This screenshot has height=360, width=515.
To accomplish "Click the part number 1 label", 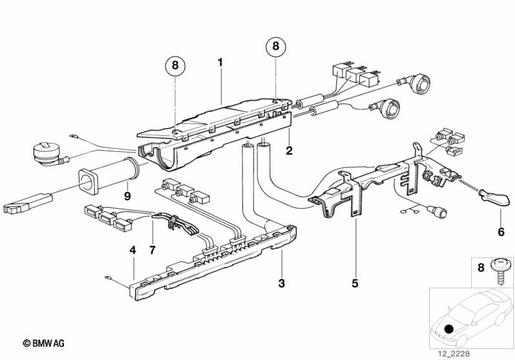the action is [x=220, y=62].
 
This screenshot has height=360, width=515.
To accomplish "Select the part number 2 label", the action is [x=289, y=151].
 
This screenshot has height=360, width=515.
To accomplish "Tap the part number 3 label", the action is [x=282, y=283].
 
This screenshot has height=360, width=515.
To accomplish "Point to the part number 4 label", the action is [x=132, y=251].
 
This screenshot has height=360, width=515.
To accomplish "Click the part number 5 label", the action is [x=355, y=283].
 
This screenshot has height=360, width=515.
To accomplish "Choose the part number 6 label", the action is [x=501, y=232].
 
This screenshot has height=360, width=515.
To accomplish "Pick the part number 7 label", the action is [x=152, y=251].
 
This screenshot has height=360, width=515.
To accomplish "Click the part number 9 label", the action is [x=128, y=196].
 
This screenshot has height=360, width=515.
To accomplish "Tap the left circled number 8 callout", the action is [x=175, y=66].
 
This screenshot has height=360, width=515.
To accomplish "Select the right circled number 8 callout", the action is [x=276, y=46].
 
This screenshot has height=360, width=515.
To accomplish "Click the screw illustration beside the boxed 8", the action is [x=501, y=271].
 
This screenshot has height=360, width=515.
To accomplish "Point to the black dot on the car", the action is [x=449, y=328].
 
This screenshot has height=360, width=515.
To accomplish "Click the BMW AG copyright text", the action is [x=44, y=343].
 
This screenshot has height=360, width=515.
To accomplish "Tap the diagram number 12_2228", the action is [x=454, y=354].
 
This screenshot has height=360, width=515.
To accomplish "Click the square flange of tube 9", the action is [x=90, y=181].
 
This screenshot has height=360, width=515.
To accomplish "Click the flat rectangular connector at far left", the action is [x=28, y=204].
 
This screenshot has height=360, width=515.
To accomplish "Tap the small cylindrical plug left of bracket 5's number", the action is [x=437, y=211].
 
